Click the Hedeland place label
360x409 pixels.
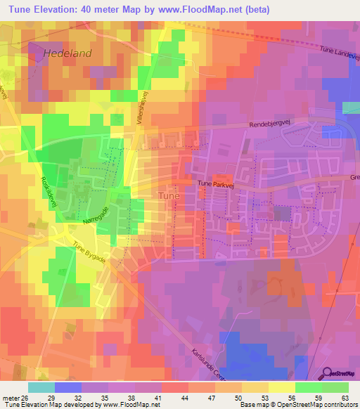pos(67,53)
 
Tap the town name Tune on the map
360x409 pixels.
pos(169,195)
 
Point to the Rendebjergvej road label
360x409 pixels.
pos(271,124)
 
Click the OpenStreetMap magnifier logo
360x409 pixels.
pos(328,373)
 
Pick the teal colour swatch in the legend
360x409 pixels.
pos(41,387)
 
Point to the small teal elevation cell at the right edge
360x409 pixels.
pos(351,108)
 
